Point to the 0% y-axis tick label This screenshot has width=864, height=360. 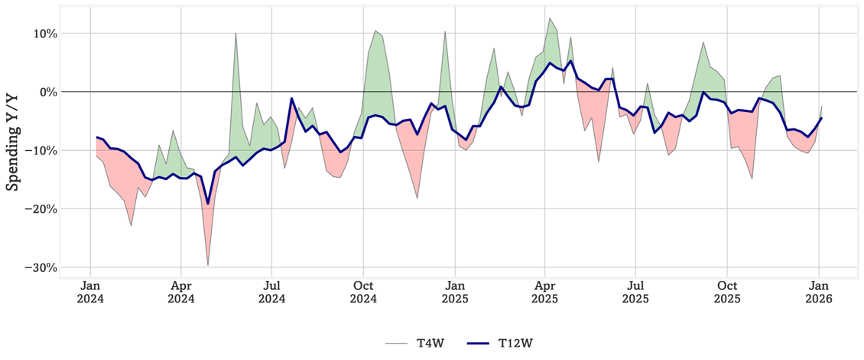(45, 92)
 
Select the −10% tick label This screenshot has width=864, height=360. (38, 151)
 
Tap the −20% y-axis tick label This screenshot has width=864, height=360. (38, 209)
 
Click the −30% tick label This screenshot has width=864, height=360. (38, 267)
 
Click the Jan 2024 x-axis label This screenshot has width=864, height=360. (90, 292)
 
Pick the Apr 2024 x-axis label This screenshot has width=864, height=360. (181, 292)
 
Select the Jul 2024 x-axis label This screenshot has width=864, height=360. (271, 292)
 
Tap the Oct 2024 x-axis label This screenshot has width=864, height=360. (363, 292)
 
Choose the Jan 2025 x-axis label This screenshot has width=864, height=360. (455, 292)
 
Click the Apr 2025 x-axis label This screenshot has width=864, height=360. (545, 292)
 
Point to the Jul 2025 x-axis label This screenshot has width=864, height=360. (635, 292)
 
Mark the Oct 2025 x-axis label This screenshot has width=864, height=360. (727, 292)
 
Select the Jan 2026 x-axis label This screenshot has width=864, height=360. (819, 292)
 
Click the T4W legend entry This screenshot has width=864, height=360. (415, 343)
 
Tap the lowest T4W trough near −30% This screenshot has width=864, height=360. (208, 265)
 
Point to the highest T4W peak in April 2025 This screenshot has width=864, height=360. (549, 18)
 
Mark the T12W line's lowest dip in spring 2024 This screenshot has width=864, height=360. (208, 203)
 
